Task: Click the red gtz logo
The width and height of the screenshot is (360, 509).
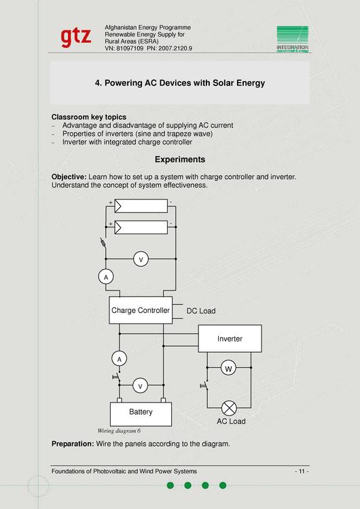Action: click(75, 37)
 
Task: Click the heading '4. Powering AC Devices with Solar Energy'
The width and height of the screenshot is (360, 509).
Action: click(179, 83)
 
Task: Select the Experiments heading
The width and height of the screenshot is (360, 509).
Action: click(179, 159)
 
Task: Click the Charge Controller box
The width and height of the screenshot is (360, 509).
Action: click(140, 310)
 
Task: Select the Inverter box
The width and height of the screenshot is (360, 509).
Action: click(230, 339)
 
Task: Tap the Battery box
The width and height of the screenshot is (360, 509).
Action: click(141, 412)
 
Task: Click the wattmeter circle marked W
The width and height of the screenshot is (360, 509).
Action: click(229, 369)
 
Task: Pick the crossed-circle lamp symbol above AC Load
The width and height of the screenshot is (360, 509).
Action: click(229, 407)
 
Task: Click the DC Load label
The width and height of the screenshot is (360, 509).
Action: click(200, 311)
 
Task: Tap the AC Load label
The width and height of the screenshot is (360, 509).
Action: click(231, 421)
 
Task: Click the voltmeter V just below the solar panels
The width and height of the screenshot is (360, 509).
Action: click(141, 259)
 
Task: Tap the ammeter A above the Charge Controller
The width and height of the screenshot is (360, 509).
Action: click(105, 277)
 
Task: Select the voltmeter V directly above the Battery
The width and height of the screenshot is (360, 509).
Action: click(141, 385)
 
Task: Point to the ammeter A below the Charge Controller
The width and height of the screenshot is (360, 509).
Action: click(120, 358)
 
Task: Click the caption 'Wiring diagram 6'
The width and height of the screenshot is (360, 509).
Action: click(119, 431)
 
